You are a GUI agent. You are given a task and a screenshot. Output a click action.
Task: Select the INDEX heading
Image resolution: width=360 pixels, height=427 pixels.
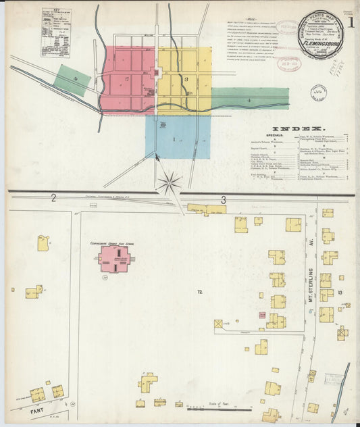298,128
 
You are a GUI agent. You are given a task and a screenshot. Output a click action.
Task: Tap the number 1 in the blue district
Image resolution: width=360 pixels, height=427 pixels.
174,139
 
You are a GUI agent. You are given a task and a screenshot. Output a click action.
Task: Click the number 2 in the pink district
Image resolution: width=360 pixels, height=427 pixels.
127,78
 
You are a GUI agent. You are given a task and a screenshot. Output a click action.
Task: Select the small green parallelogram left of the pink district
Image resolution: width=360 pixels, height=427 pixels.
72,80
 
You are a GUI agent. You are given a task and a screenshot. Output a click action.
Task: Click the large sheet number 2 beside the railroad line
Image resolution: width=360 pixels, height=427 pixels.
53,197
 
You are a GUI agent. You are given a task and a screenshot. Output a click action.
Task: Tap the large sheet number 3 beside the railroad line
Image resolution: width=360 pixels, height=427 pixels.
223,199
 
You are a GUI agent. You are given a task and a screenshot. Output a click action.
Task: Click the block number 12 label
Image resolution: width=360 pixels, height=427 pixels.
199,291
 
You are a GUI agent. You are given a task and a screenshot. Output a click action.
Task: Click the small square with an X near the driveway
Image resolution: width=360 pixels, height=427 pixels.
218,324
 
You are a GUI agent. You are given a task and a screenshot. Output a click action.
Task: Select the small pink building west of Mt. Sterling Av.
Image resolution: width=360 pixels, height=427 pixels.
262,315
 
